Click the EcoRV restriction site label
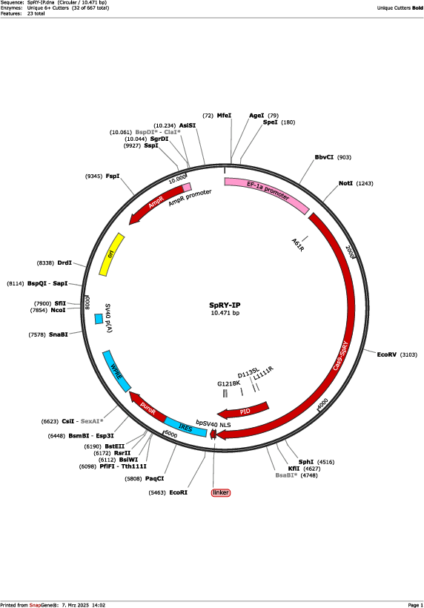click(x=387, y=354)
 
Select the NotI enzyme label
click(x=345, y=183)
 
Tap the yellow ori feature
click(x=111, y=255)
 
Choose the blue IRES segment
click(x=185, y=427)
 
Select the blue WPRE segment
click(x=116, y=371)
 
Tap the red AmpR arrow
click(x=155, y=203)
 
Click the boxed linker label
click(x=221, y=492)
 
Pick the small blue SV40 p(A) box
click(x=99, y=319)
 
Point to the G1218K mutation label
click(x=228, y=383)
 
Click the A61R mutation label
click(x=298, y=245)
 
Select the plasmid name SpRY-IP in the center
click(x=225, y=305)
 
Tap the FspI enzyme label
click(x=113, y=176)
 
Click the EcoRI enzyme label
click(x=179, y=492)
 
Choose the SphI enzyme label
click(x=306, y=462)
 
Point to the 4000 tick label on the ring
click(x=322, y=403)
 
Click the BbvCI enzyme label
click(x=324, y=157)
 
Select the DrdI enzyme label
click(x=64, y=263)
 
